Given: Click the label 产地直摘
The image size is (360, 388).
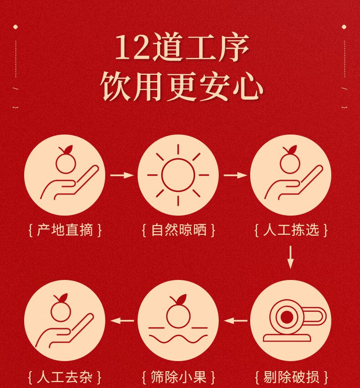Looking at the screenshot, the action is (x=65, y=230).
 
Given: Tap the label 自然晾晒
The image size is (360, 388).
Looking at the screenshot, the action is (x=179, y=230).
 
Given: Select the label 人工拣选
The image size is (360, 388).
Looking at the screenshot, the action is (x=291, y=230).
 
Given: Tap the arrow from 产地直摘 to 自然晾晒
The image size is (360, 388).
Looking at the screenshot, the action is (x=122, y=175).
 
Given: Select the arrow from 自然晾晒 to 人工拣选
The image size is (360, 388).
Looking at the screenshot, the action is (x=235, y=175).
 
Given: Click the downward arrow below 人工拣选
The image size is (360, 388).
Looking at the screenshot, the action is (x=291, y=257).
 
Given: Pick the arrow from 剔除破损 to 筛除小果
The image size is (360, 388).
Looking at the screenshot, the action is (x=236, y=321).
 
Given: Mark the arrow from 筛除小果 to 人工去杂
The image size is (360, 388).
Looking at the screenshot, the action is (x=122, y=321).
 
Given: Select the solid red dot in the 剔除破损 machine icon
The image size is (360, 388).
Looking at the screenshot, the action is (x=286, y=316).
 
